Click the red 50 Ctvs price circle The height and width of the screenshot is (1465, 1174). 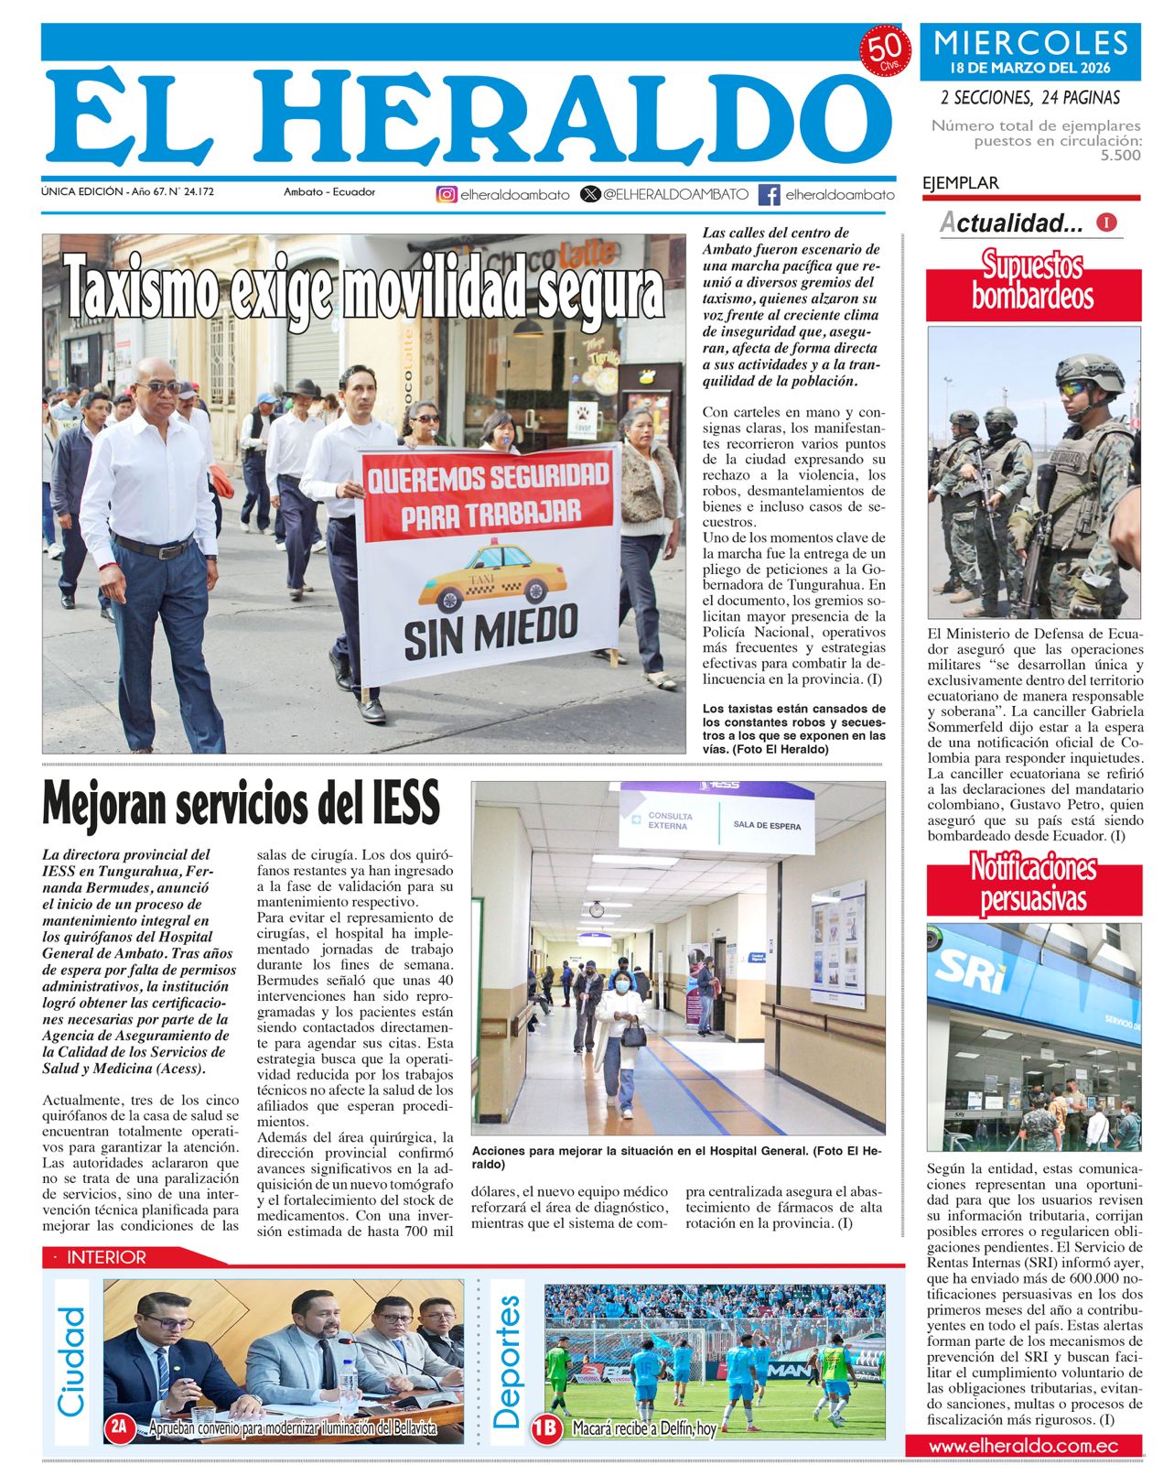click(885, 51)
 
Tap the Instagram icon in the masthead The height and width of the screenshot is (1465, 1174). click(446, 194)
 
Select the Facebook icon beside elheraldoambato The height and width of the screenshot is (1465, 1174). click(770, 194)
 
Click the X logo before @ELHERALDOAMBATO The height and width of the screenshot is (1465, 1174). click(591, 194)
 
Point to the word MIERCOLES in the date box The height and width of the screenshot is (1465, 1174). click(1031, 42)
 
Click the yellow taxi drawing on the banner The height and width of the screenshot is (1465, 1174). click(491, 577)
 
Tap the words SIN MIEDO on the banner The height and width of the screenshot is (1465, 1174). click(490, 632)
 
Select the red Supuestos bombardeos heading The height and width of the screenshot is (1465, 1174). click(1033, 281)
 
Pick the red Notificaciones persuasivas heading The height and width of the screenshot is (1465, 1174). click(1033, 883)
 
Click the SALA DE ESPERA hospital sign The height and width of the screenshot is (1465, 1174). click(766, 825)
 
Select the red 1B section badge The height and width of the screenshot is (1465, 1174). click(546, 1427)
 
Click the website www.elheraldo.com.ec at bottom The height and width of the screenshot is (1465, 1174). click(1023, 1446)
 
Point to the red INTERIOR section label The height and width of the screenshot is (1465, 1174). click(106, 1257)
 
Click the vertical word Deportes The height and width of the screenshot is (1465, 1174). click(507, 1362)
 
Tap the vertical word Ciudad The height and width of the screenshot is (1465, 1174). click(71, 1362)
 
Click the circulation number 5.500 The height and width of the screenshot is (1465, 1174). click(1121, 156)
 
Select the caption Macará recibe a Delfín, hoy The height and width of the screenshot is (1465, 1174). click(644, 1427)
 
